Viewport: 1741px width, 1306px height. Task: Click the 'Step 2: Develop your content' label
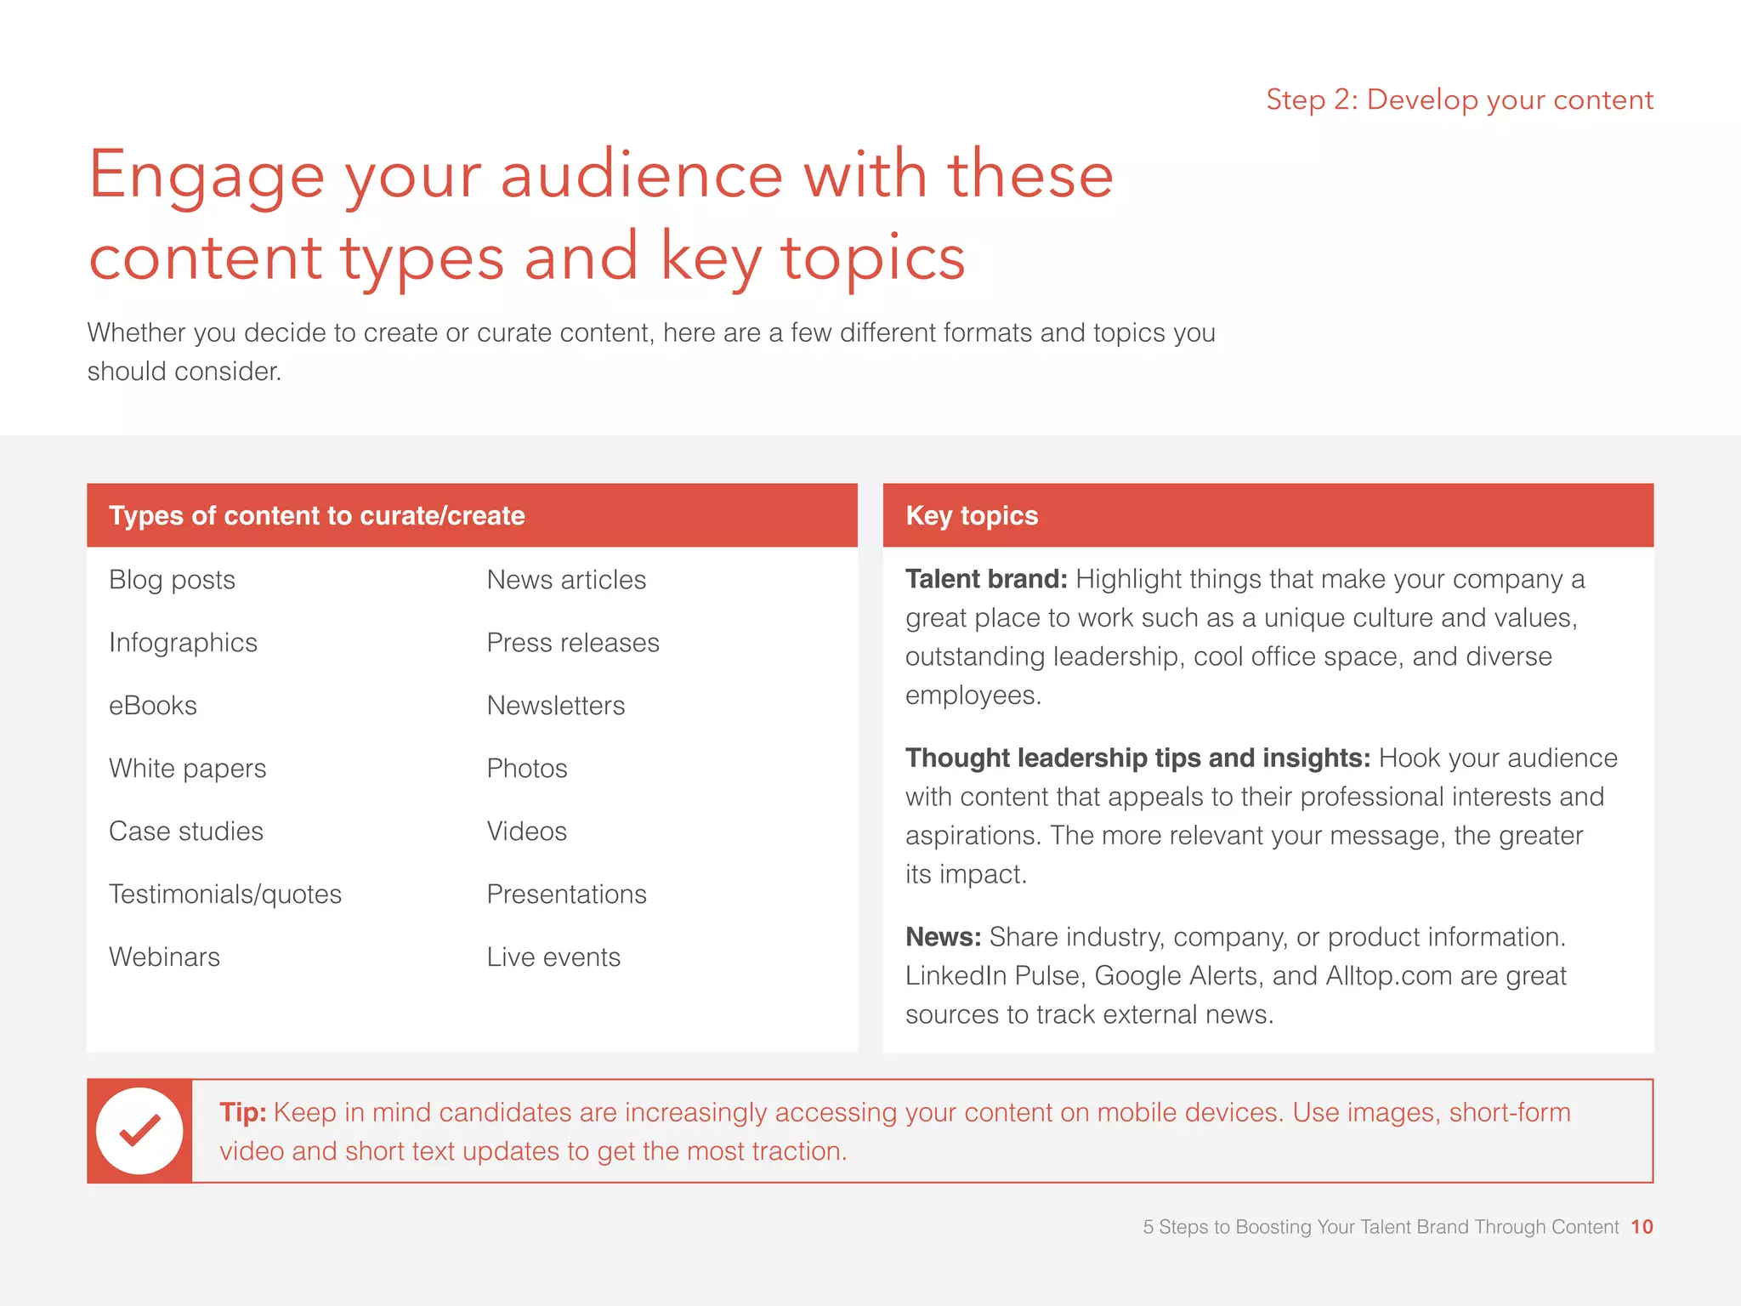click(1459, 100)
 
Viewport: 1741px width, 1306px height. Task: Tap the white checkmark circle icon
click(139, 1131)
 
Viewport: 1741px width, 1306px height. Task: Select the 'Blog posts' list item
click(173, 580)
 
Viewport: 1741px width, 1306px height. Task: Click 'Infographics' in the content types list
click(184, 643)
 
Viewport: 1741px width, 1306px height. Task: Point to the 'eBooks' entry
click(153, 706)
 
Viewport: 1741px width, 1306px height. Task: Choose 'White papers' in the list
click(188, 769)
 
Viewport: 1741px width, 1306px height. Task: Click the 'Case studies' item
click(186, 832)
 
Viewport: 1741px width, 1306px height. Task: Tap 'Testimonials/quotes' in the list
click(225, 894)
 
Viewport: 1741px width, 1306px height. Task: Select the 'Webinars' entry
click(165, 957)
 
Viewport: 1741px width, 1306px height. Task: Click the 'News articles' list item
click(566, 580)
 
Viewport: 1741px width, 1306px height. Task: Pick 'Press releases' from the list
click(573, 643)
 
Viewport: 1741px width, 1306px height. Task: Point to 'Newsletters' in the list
click(556, 706)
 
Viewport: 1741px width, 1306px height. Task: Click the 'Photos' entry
click(527, 769)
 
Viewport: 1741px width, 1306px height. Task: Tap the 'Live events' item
click(553, 957)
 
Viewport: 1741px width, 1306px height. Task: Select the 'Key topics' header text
click(972, 515)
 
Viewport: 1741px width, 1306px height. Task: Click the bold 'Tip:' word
click(243, 1112)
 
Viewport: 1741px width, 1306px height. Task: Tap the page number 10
click(1642, 1227)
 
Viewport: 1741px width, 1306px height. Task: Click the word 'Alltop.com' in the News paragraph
click(1389, 976)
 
